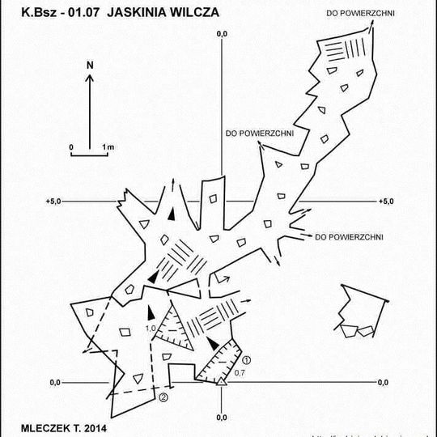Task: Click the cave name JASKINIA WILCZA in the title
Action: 163,14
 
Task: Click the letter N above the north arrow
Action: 91,64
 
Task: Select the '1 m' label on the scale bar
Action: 108,146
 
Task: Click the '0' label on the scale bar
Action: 71,146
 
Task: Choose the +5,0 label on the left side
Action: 55,201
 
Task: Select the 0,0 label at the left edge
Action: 56,382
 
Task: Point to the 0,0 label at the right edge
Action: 383,382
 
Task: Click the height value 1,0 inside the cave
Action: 150,329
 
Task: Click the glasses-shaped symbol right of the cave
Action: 358,330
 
